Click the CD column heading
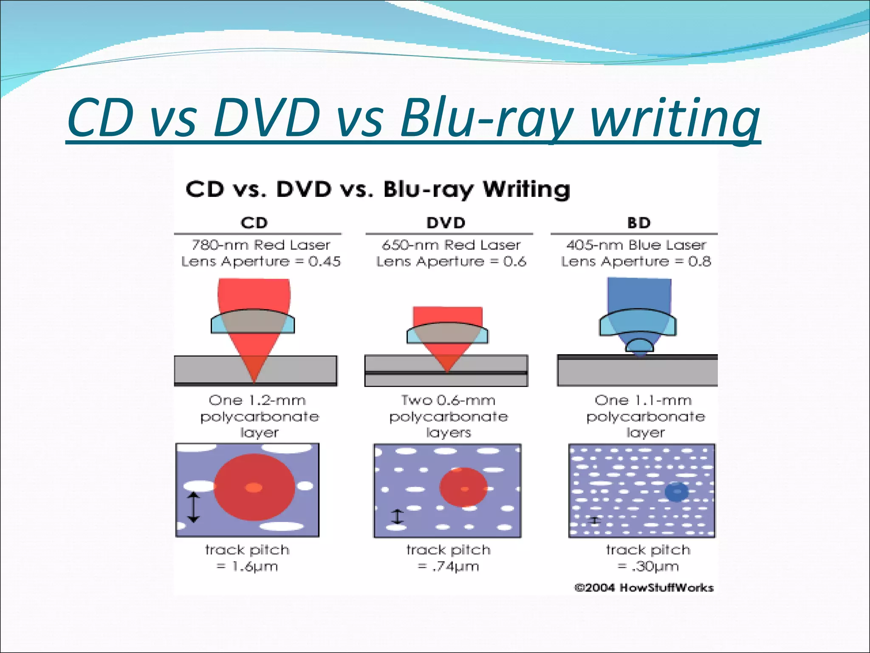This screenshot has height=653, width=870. pyautogui.click(x=254, y=223)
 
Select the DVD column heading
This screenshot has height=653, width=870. pyautogui.click(x=446, y=223)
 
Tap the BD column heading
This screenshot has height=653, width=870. pyautogui.click(x=639, y=223)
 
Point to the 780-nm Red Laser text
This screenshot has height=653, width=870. pyautogui.click(x=261, y=245)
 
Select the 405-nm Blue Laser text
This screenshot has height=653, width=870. pyautogui.click(x=636, y=245)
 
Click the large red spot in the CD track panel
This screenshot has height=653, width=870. pyautogui.click(x=254, y=487)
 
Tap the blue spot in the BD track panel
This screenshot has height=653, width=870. pyautogui.click(x=676, y=492)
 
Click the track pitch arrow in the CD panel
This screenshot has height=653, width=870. pyautogui.click(x=194, y=507)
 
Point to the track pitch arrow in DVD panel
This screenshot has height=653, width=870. pyautogui.click(x=397, y=517)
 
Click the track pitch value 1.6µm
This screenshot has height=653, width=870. pyautogui.click(x=254, y=566)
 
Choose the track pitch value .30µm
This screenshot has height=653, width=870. pyautogui.click(x=655, y=566)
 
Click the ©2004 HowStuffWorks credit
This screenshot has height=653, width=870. pyautogui.click(x=644, y=588)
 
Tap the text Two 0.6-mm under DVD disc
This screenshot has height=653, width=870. pyautogui.click(x=448, y=400)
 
